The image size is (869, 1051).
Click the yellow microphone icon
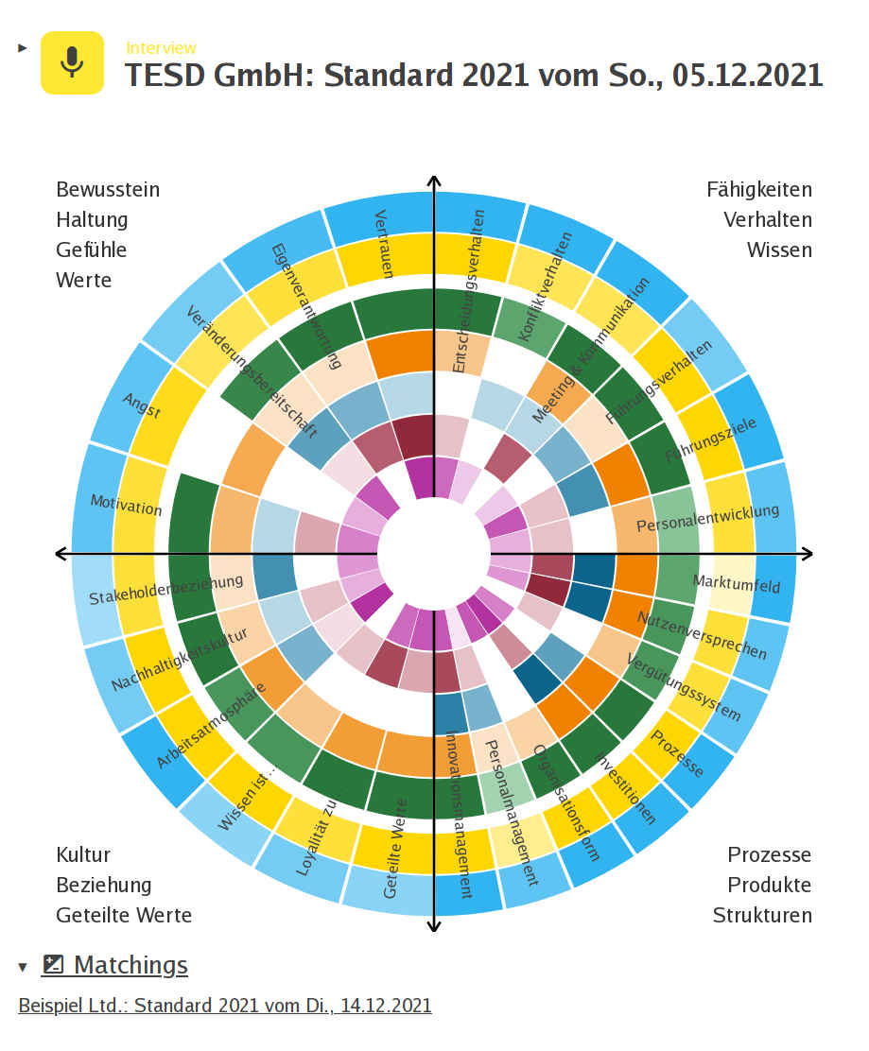pos(72,62)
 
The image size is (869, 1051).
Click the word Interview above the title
pos(161,48)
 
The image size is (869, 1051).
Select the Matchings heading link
pos(130,965)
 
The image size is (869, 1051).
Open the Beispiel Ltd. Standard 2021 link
pos(225,1005)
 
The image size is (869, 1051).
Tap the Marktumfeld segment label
pos(737,584)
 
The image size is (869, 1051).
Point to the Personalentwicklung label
pos(707,518)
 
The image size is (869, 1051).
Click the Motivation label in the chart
pos(126,504)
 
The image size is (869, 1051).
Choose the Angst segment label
pos(142,405)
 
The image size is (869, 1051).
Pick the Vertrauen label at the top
pos(383,243)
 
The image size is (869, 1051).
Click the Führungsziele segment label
pos(710,440)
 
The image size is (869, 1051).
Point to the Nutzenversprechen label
pos(702,634)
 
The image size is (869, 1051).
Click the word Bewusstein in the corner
pos(108,189)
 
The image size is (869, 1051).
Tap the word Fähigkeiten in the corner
pos(758,189)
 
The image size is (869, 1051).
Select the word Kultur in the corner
pos(83,854)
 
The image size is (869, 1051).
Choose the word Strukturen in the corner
pos(762,915)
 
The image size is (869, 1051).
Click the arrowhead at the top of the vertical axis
pos(434,181)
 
